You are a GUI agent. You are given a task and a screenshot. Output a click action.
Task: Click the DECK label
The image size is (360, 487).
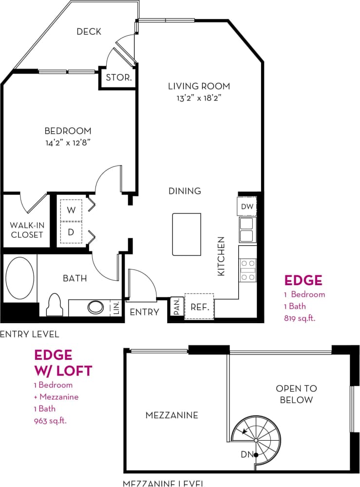point(89,32)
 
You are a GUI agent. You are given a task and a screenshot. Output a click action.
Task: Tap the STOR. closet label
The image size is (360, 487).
point(118,78)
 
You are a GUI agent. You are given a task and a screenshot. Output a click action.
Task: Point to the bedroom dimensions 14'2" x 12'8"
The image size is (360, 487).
point(68,143)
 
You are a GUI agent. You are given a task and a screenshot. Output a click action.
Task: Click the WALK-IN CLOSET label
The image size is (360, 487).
point(27,230)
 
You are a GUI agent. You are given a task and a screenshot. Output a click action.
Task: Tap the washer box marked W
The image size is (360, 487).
point(72,210)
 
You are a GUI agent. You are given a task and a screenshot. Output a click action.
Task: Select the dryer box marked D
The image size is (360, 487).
point(72,232)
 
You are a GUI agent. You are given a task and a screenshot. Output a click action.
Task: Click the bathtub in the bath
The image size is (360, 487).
point(20,279)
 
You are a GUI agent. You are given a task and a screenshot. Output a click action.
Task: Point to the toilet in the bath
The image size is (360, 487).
point(54,306)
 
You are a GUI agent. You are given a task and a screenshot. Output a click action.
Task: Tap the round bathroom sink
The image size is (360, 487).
point(95,308)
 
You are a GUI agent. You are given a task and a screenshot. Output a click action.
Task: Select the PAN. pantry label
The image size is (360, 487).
point(176,307)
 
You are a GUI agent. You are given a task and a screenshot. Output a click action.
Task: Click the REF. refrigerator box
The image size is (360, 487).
point(199,307)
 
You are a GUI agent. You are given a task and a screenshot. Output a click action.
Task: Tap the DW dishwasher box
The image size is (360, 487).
point(247,207)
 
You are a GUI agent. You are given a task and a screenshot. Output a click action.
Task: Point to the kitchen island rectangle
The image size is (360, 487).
point(187,234)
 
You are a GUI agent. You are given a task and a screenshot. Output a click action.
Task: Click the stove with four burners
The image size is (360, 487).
point(248,269)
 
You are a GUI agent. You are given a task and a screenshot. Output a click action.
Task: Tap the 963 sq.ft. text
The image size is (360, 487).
point(50,420)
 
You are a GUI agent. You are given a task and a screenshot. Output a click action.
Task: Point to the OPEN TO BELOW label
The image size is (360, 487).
point(296,394)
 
